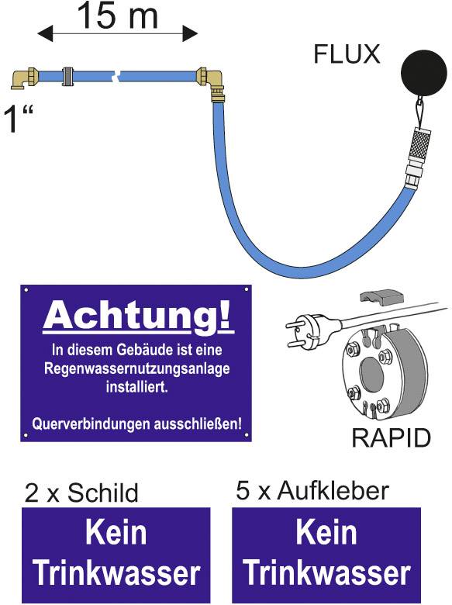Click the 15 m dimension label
click(x=117, y=16)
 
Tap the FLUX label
click(x=347, y=54)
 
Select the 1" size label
click(x=17, y=119)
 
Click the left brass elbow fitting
click(x=25, y=78)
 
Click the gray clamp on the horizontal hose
click(x=68, y=76)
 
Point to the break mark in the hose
click(x=116, y=76)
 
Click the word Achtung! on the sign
click(x=138, y=316)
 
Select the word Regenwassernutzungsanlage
click(x=137, y=368)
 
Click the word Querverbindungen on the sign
click(x=91, y=424)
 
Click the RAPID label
click(x=391, y=437)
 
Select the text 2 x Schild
click(x=81, y=493)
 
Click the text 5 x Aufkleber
click(x=312, y=490)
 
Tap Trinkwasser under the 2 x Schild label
click(x=116, y=573)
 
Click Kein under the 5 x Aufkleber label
click(x=326, y=532)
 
